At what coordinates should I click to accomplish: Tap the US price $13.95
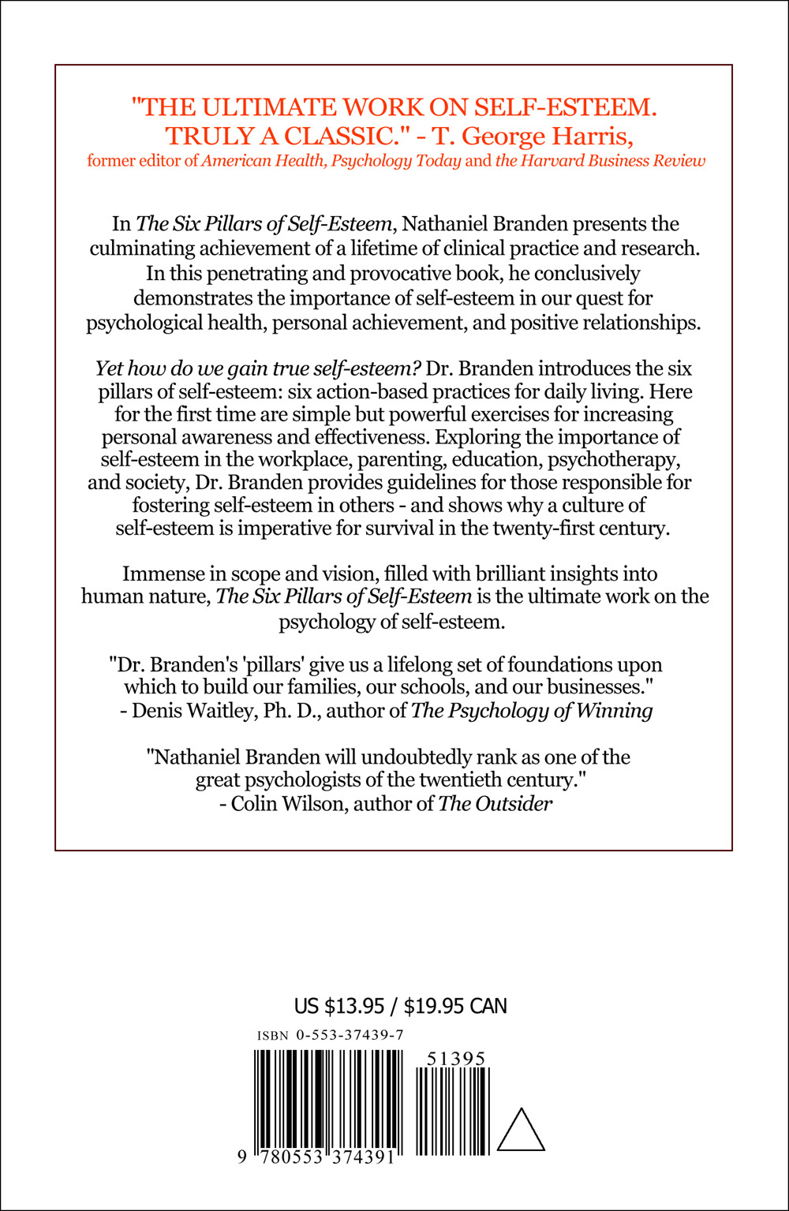(x=354, y=1006)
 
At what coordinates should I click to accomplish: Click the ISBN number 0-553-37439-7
(x=350, y=1035)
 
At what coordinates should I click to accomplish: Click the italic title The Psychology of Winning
(x=532, y=711)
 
